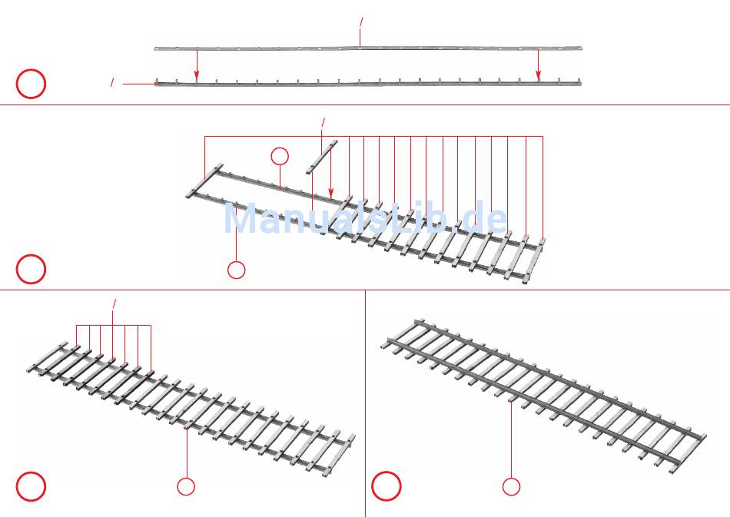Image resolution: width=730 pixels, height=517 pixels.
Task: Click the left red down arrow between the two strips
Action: coord(197,65)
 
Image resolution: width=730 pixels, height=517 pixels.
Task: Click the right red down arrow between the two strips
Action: coord(538,65)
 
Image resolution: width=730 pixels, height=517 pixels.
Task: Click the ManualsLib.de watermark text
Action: coord(365,219)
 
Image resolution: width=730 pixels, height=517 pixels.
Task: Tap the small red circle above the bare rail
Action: coord(280,157)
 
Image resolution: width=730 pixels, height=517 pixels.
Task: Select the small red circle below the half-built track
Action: coord(237,270)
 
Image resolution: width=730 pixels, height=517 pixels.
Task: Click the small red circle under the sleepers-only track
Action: coord(186,486)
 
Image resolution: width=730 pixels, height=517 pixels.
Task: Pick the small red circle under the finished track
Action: coord(511,486)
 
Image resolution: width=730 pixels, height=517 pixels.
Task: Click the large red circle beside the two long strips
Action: coord(31,84)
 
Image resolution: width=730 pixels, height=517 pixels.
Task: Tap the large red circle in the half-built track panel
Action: coord(31,269)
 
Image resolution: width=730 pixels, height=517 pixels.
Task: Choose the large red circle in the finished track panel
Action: coord(387,486)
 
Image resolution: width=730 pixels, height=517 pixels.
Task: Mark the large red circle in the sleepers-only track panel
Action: coord(31,486)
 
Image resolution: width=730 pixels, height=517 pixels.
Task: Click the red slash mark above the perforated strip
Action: coord(361,24)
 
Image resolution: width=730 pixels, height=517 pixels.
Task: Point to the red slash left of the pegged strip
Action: coord(113,82)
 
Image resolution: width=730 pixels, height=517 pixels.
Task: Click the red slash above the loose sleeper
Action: coord(323,122)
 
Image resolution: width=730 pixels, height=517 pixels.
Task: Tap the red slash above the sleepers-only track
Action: coord(114,304)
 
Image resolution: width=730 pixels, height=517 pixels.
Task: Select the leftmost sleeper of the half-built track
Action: coord(204,181)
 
